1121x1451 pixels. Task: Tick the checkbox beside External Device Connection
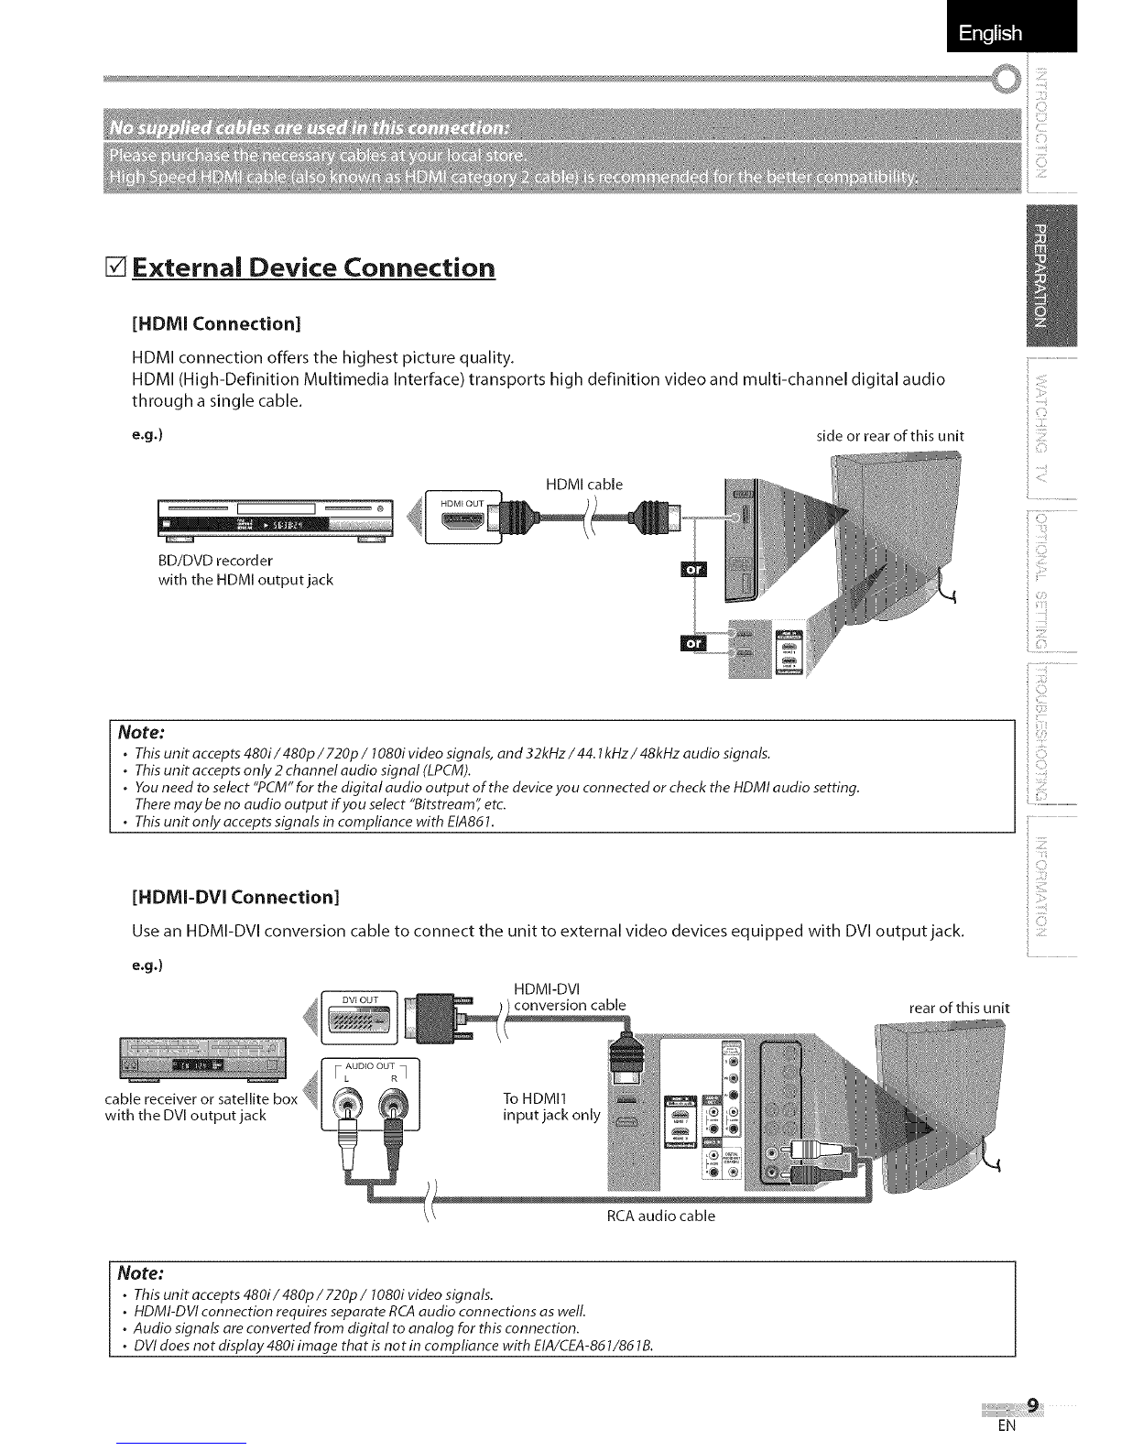tap(117, 269)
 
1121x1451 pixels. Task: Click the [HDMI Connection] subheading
tap(217, 324)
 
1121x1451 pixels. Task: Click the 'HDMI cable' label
tap(583, 485)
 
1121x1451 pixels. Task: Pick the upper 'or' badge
tap(695, 569)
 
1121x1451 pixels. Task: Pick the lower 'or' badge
tap(695, 642)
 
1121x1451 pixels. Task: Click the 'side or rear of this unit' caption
tap(889, 436)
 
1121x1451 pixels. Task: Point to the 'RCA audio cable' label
tap(661, 1216)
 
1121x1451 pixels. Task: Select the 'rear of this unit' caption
tap(958, 1009)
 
